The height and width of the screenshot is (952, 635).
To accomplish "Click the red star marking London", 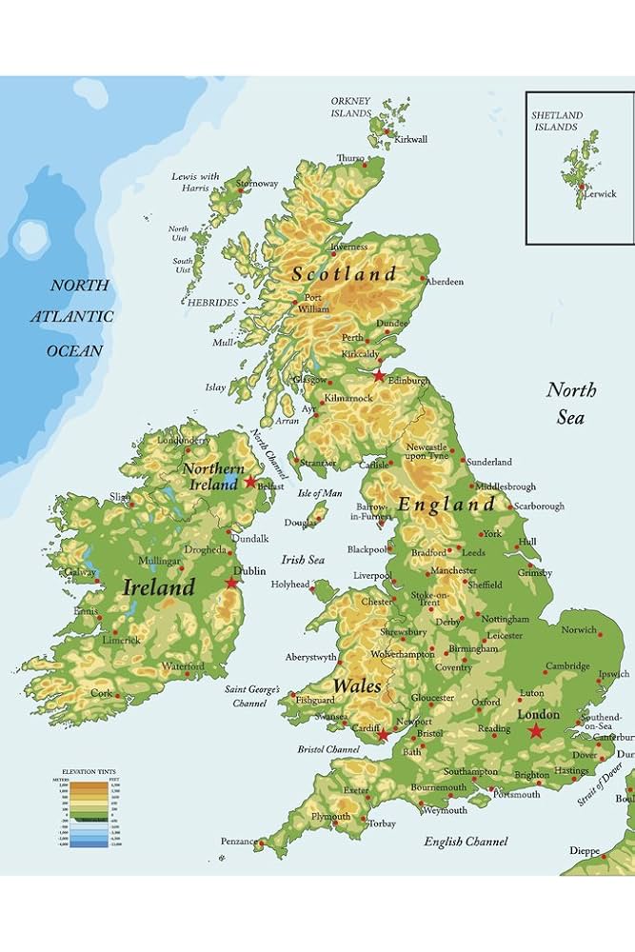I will pos(536,731).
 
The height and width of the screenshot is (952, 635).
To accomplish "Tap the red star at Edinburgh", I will pos(379,376).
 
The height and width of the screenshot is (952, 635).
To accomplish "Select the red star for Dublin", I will pos(231,583).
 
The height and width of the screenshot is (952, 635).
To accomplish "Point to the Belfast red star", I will pos(250,482).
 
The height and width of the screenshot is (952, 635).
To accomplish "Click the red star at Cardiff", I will pos(383,735).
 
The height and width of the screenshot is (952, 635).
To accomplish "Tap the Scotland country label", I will pos(344,274).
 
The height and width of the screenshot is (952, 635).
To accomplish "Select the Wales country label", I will pos(357,685).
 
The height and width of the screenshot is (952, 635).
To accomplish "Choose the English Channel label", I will pos(466,842).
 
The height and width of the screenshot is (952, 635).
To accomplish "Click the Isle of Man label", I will pos(320,493).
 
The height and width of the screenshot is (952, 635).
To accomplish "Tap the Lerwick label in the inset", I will pos(600,194).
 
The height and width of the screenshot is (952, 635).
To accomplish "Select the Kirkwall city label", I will pos(411,140).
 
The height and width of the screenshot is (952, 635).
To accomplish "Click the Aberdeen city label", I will pos(444,282).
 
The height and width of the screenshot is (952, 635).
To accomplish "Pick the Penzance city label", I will pos(238,843).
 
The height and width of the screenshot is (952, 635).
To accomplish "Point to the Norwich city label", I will pos(579,630).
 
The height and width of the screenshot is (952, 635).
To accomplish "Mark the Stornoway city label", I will pos(257,184).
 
